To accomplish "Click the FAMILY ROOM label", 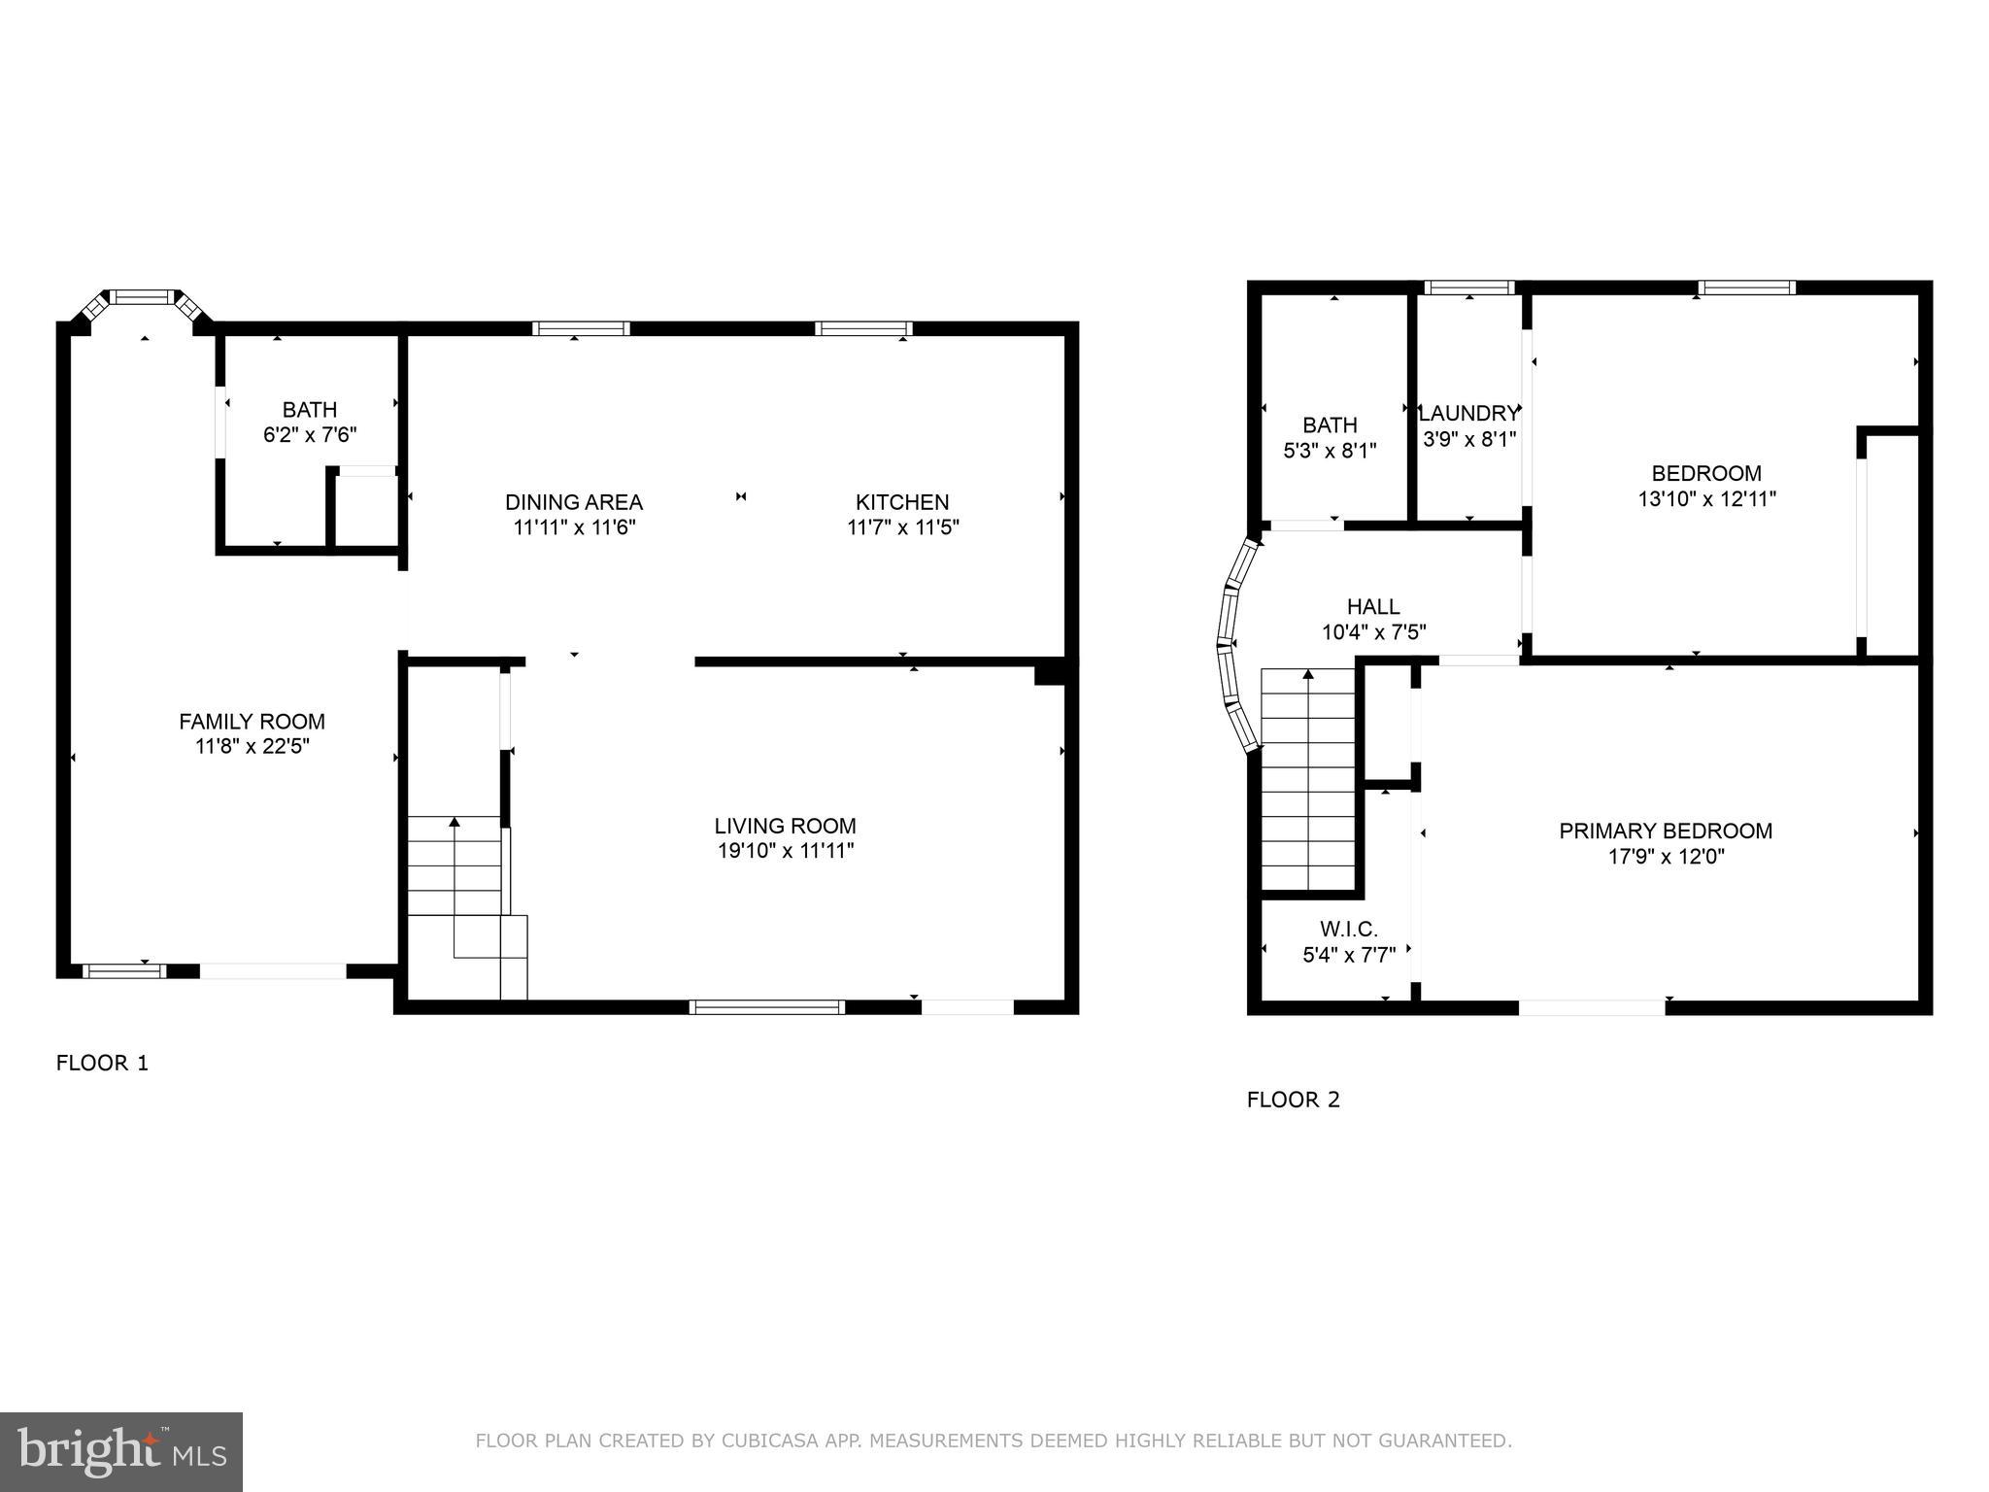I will click(x=252, y=722).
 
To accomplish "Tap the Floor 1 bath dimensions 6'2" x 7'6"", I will click(x=310, y=435).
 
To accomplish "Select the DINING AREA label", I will click(x=573, y=502).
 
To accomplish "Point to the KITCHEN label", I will click(x=901, y=502).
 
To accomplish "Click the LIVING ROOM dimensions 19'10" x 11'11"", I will click(x=785, y=852).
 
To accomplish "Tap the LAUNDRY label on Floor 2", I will click(x=1468, y=414).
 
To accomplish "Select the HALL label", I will click(x=1373, y=607).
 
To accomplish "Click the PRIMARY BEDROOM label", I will click(x=1665, y=831).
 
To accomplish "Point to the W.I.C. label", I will click(x=1348, y=930).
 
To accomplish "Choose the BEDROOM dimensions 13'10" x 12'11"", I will click(x=1706, y=499).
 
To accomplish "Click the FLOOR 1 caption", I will click(x=102, y=1064).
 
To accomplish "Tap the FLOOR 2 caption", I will click(x=1293, y=1101).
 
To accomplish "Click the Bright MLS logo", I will click(x=120, y=1451).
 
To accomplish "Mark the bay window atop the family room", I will click(x=144, y=298).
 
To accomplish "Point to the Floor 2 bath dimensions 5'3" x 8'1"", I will click(x=1330, y=451).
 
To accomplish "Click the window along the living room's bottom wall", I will click(x=766, y=1007).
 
